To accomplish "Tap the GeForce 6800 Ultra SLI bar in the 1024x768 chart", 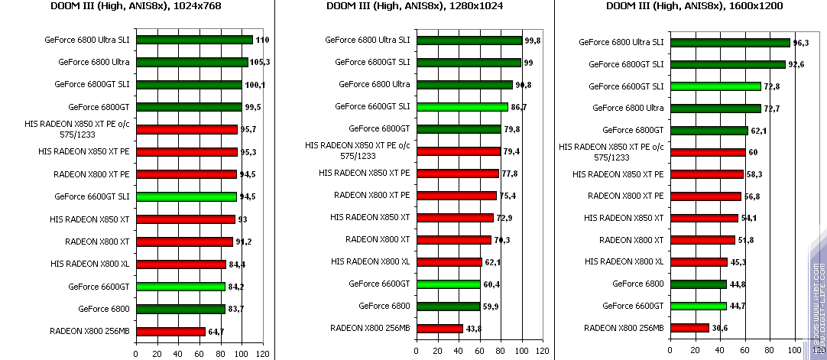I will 194,40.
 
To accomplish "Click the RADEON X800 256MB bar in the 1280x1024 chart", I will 439,329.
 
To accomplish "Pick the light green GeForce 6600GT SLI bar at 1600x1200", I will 715,86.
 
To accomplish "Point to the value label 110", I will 263,40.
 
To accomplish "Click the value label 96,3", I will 802,43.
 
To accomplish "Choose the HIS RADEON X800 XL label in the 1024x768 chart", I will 90,264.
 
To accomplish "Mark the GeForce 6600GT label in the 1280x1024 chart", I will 379,284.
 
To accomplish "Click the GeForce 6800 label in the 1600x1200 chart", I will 638,284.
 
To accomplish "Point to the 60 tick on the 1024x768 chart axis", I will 199,354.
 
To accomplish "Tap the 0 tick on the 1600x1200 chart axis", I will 669,351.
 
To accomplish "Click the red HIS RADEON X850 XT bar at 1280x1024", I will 455,218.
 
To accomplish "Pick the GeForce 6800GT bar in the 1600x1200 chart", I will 708,131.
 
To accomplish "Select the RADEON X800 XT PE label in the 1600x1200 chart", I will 626,196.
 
